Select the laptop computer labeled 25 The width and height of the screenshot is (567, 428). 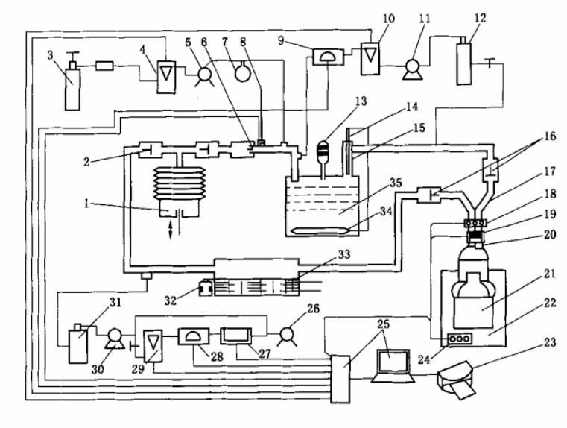[x=395, y=365]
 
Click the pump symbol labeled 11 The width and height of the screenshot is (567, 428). [x=410, y=69]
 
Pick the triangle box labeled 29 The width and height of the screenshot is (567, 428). [x=153, y=341]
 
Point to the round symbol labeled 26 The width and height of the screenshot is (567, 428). [x=285, y=337]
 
